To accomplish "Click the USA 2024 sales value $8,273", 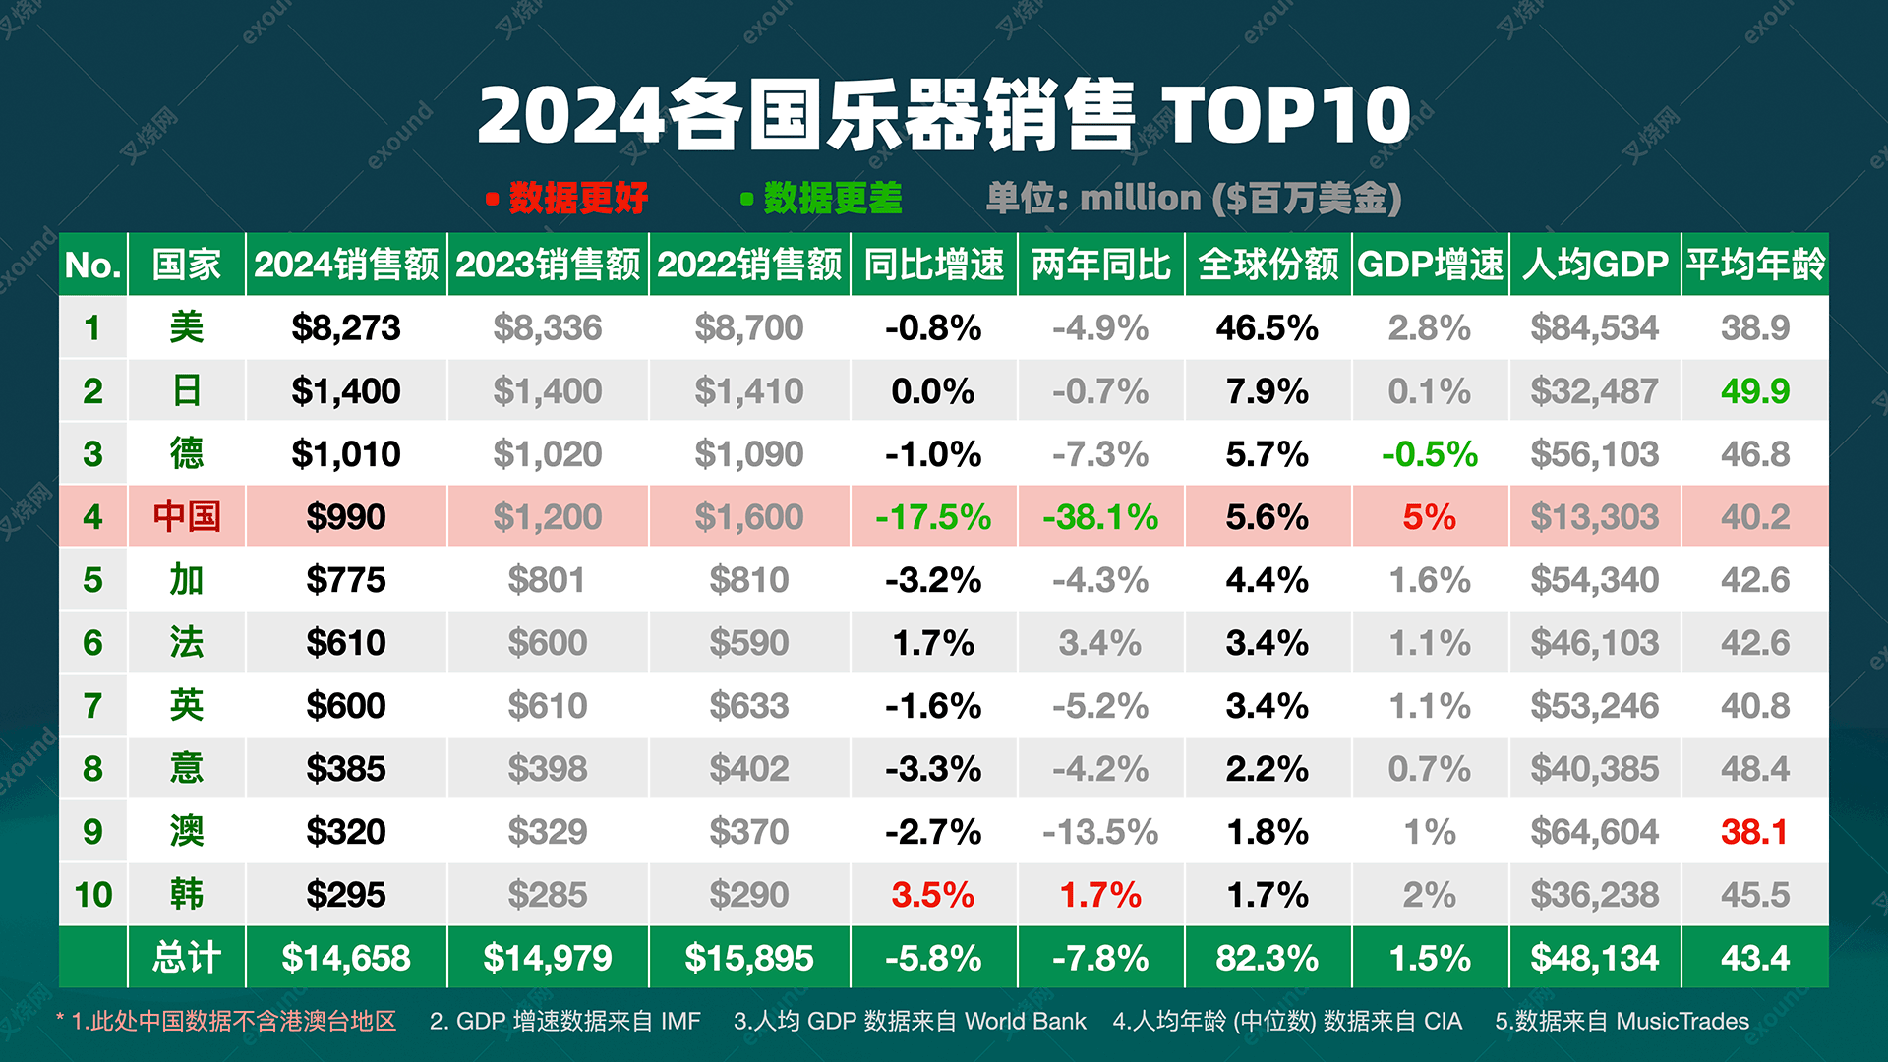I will click(x=346, y=327).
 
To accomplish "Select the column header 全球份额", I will click(x=1268, y=264).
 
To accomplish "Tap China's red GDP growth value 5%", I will click(x=1429, y=516).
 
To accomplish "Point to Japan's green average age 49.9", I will click(x=1754, y=390).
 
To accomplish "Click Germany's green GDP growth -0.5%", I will click(x=1429, y=453).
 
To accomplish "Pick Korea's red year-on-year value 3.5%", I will click(x=932, y=894).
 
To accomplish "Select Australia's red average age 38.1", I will click(x=1754, y=831).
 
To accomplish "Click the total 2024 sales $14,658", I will click(x=346, y=957).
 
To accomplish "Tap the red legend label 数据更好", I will click(x=578, y=198).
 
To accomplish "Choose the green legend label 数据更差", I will click(x=832, y=198).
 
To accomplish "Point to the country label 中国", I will click(x=186, y=516).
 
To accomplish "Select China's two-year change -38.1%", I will click(x=1100, y=516).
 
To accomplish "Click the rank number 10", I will click(x=93, y=894).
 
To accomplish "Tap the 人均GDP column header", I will click(x=1595, y=264).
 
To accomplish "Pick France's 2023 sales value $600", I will click(x=548, y=642).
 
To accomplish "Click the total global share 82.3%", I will click(x=1268, y=957).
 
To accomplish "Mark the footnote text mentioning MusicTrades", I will click(x=1622, y=1021).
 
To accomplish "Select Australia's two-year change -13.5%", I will click(x=1100, y=831).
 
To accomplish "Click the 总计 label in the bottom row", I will click(x=186, y=957).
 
